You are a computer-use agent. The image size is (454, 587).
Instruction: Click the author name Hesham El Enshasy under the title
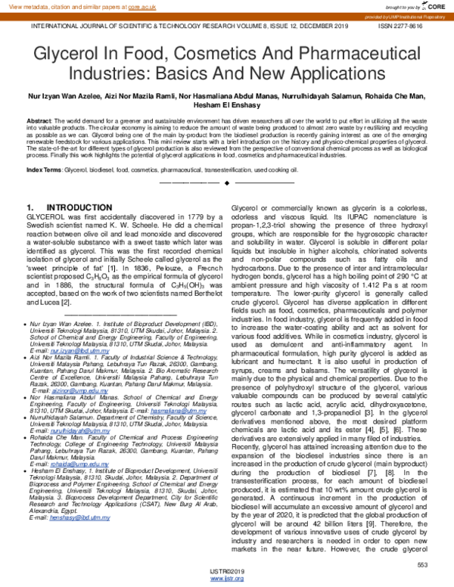point(226,107)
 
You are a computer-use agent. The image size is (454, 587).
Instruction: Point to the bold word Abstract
point(39,121)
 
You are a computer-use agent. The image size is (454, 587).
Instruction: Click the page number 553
point(422,565)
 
